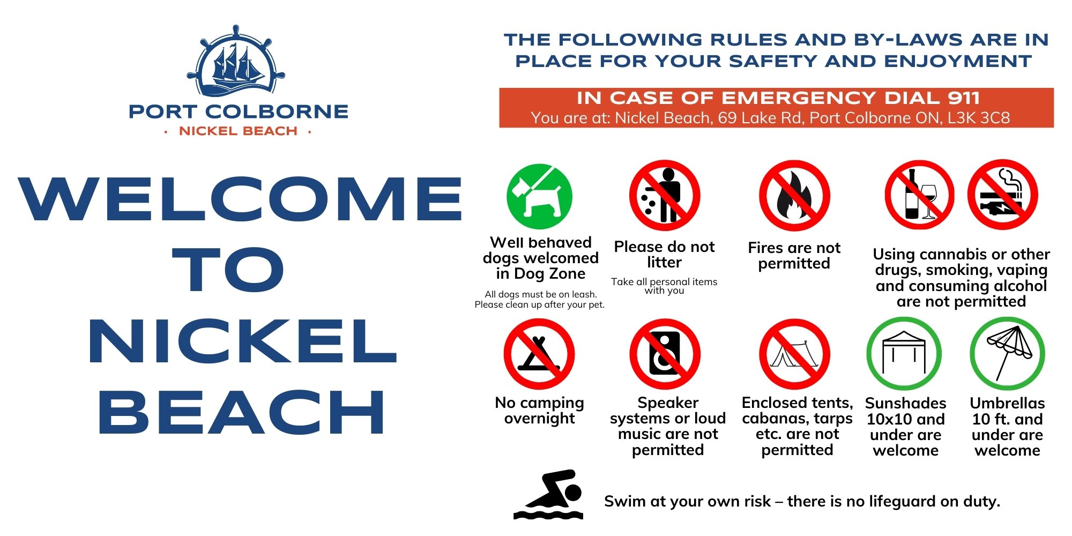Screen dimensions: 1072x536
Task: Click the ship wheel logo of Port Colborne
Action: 236,62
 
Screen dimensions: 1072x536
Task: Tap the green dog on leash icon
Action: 539,197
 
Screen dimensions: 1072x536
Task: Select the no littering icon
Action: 665,196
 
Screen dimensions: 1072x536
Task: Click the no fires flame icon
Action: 794,196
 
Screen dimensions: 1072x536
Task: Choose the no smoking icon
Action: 1003,195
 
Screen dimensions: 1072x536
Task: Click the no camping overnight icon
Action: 539,354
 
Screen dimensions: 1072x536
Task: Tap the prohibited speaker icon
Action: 665,354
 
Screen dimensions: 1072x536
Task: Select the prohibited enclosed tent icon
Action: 794,354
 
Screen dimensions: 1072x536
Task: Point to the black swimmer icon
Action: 548,495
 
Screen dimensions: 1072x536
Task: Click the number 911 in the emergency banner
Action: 964,98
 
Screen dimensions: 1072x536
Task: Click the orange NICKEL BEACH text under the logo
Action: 238,131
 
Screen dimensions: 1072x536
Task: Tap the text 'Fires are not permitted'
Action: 794,256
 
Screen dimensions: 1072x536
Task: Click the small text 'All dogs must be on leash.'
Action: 541,294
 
